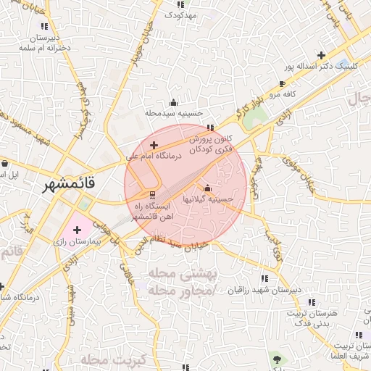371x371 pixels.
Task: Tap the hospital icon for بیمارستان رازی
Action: point(78,230)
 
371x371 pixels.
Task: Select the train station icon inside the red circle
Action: point(152,195)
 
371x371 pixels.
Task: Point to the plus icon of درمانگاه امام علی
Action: point(154,146)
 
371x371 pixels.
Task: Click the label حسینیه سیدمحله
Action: point(172,113)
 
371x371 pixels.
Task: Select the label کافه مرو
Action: point(285,95)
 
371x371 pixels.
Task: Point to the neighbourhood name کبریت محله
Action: point(114,359)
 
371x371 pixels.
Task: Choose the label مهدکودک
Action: point(181,14)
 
